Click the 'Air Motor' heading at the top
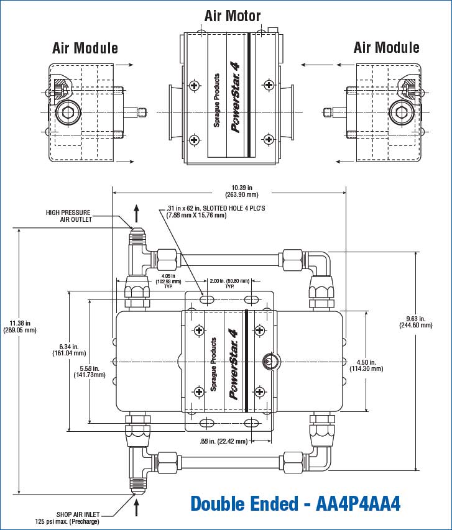[233, 16]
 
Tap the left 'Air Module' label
[85, 48]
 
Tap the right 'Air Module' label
[386, 47]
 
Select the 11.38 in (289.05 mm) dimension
[21, 327]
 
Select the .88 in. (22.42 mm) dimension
[223, 441]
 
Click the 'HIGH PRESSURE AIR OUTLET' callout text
[68, 216]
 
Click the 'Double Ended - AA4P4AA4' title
[295, 503]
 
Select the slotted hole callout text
[213, 211]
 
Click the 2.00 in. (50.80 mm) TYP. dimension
[229, 283]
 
